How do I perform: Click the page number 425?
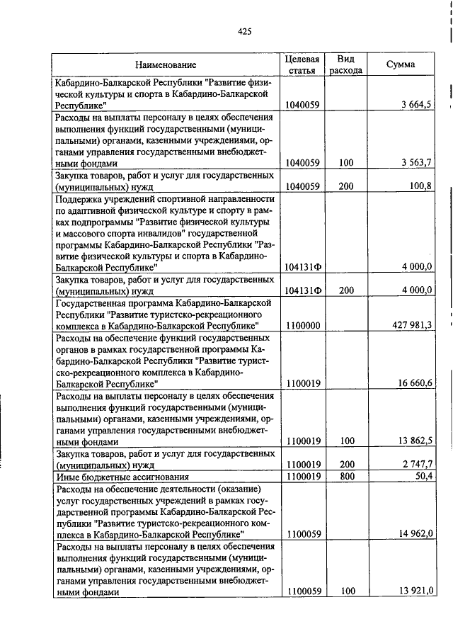point(245,31)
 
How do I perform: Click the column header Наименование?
point(166,65)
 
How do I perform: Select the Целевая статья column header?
point(302,65)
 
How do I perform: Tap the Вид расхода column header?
point(345,65)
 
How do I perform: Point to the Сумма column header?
point(401,65)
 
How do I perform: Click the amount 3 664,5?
point(418,105)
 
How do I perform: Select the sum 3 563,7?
point(418,163)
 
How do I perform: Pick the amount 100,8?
point(420,186)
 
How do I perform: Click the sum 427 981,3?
point(413,325)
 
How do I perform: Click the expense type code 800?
point(345,476)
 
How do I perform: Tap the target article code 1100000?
point(302,325)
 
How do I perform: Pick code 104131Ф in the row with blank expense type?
point(302,267)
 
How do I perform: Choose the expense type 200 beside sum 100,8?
point(345,186)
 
